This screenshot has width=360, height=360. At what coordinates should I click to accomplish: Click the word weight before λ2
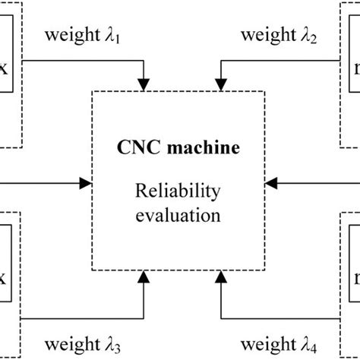[x=263, y=35]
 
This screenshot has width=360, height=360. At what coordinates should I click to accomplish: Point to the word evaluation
[x=179, y=215]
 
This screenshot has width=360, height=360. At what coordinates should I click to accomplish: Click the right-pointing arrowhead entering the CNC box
[x=85, y=182]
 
